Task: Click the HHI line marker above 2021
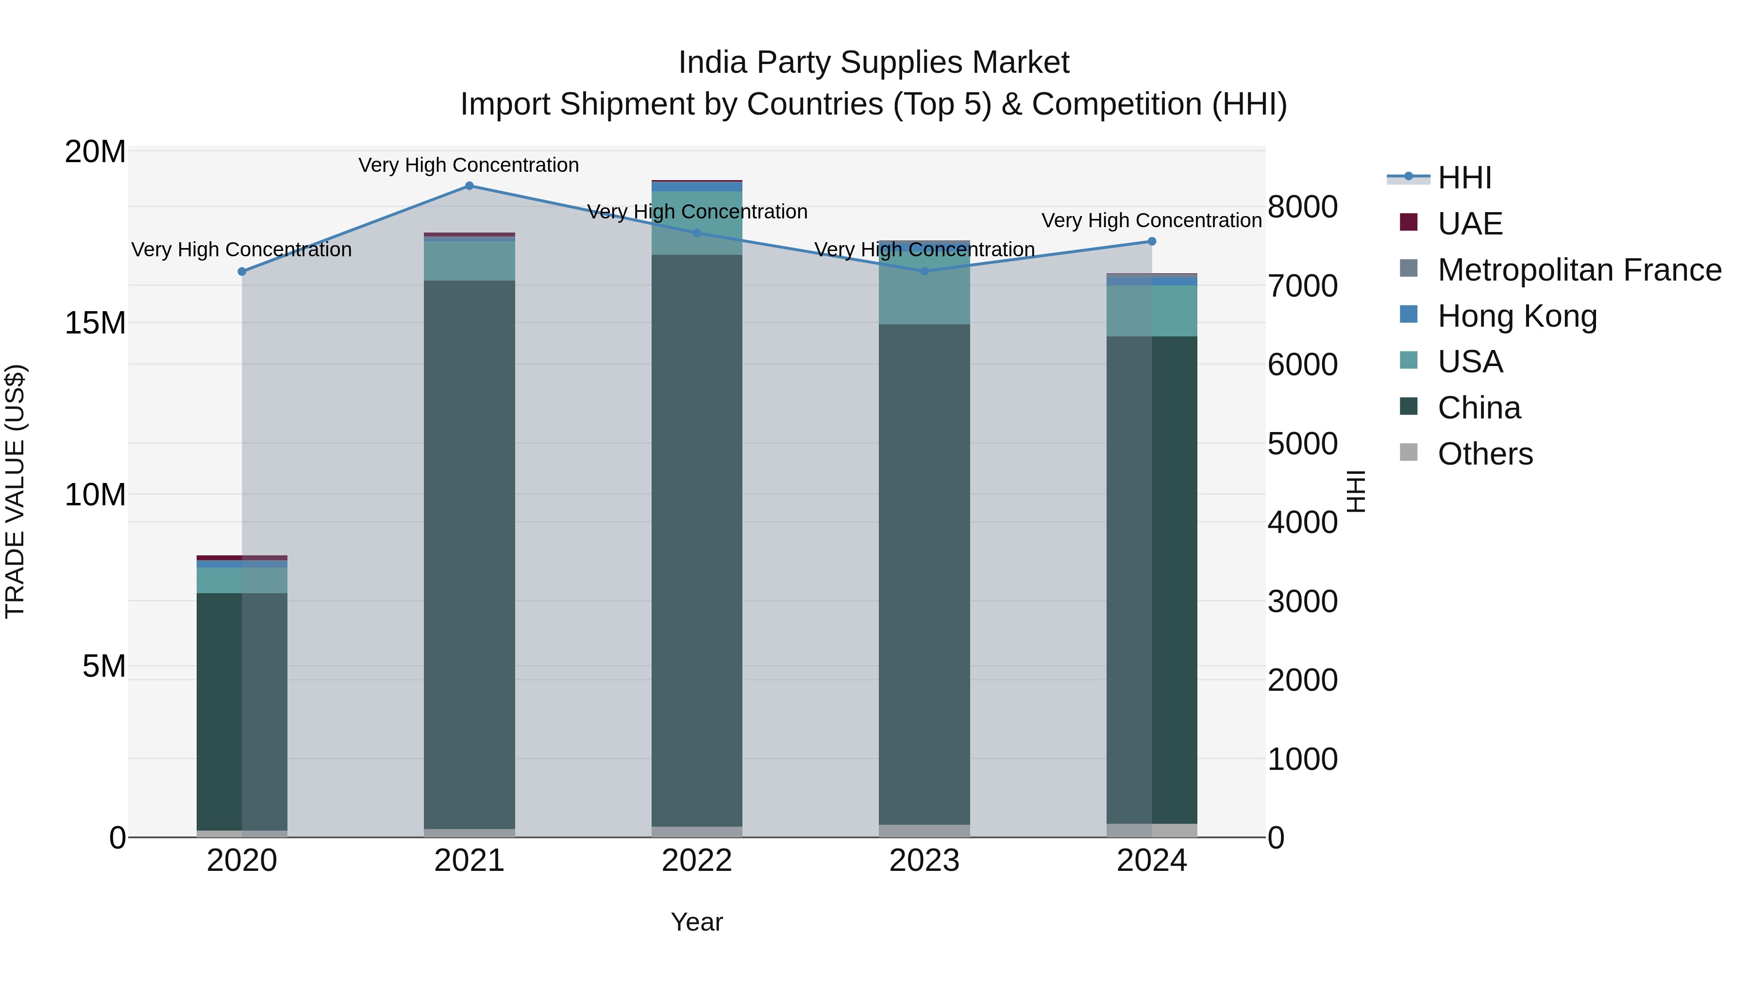(x=469, y=186)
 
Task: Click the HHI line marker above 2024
(x=1152, y=242)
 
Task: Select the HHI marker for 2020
(x=242, y=271)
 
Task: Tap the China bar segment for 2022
(x=697, y=540)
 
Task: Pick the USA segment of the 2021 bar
(x=469, y=261)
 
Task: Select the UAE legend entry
(x=1470, y=224)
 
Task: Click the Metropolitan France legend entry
(x=1579, y=270)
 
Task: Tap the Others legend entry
(x=1485, y=454)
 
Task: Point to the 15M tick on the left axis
(x=96, y=323)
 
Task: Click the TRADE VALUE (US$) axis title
(x=15, y=491)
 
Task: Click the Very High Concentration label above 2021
(x=469, y=165)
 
